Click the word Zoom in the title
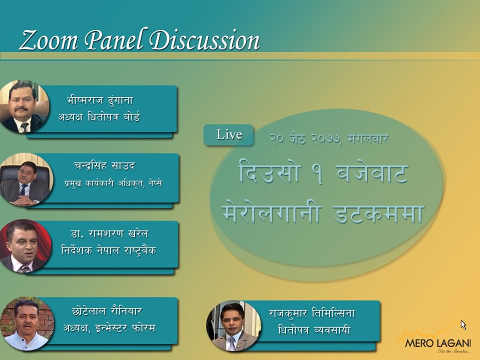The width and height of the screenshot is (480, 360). click(48, 40)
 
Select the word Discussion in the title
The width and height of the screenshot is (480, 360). click(204, 40)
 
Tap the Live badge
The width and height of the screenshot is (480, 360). click(228, 134)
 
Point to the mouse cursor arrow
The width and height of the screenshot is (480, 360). click(463, 325)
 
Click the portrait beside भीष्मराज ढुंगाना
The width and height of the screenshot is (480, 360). click(24, 106)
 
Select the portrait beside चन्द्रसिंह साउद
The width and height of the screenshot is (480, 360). click(25, 179)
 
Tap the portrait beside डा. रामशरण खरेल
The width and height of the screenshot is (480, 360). click(25, 246)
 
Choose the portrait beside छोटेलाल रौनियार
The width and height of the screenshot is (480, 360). click(26, 324)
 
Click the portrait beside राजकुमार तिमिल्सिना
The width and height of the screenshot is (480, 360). click(233, 325)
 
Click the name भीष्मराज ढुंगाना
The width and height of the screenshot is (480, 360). click(100, 100)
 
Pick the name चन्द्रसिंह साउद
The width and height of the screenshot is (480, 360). click(104, 165)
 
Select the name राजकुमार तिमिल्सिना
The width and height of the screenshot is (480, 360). click(312, 313)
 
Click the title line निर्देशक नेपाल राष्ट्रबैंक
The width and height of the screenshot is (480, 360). click(108, 250)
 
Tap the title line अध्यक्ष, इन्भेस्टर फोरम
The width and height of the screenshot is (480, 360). click(109, 328)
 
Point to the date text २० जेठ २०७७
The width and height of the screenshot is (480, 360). click(305, 138)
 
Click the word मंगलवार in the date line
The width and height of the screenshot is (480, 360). click(368, 138)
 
